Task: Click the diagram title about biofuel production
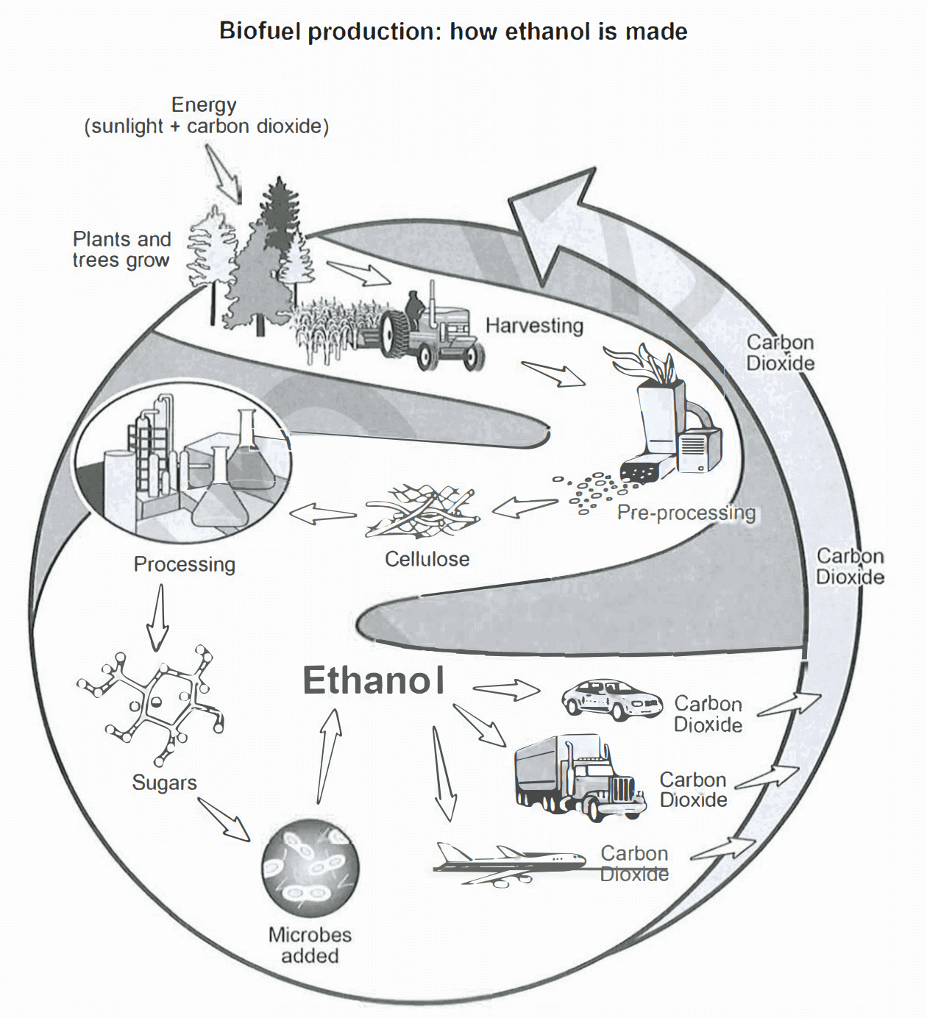tap(453, 32)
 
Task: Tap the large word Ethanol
tap(374, 680)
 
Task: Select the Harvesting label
tap(534, 325)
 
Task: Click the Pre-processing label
tap(686, 513)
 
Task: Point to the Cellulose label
tap(427, 559)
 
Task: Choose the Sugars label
tap(164, 782)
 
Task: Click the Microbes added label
tap(310, 945)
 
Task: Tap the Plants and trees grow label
tap(121, 249)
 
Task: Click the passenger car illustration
tap(611, 699)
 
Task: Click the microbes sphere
tap(310, 868)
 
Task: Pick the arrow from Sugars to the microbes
tap(224, 819)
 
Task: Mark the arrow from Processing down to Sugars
tap(158, 618)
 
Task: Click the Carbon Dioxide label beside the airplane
tap(634, 864)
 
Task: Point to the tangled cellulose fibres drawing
tap(423, 511)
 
